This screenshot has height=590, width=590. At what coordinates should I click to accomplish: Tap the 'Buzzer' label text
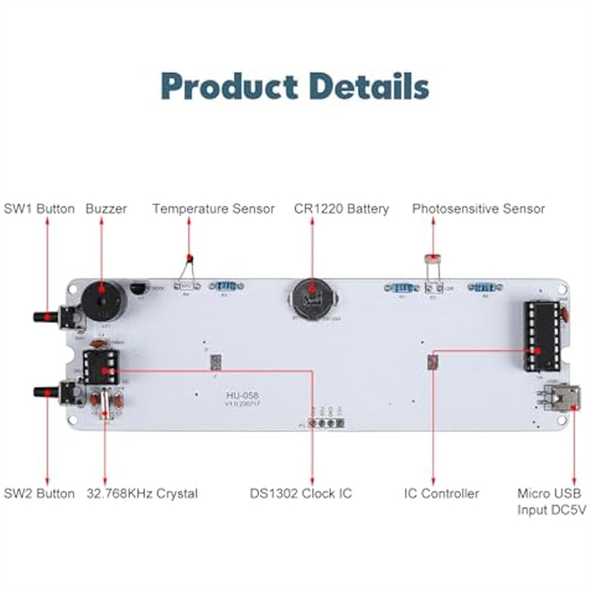tap(106, 209)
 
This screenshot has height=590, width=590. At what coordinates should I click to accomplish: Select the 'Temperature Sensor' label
tap(214, 209)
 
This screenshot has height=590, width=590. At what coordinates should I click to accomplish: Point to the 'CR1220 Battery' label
tap(341, 209)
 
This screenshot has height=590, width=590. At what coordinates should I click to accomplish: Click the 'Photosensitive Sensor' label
tap(479, 209)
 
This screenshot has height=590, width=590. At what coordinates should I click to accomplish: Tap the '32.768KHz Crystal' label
tap(142, 493)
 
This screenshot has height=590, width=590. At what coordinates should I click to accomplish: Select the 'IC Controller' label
tap(442, 493)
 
